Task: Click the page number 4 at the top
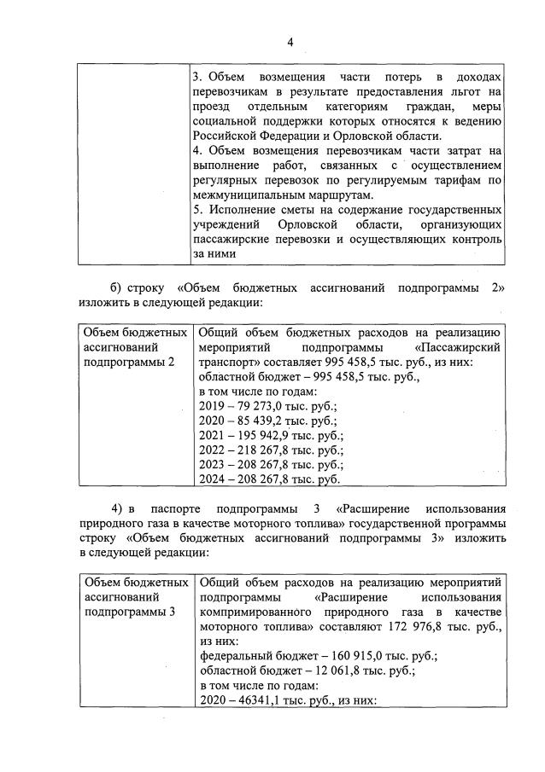[x=290, y=43]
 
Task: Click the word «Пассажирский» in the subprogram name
[x=458, y=347]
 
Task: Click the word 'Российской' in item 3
[x=224, y=136]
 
